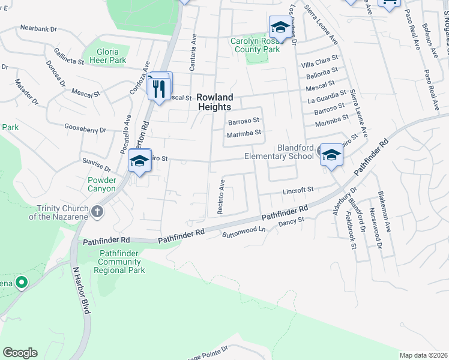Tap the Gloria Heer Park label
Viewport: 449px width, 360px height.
click(107, 56)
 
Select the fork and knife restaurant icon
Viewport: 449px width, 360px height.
click(159, 88)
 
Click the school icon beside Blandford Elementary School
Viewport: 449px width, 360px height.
click(331, 155)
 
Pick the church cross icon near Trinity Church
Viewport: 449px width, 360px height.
click(97, 212)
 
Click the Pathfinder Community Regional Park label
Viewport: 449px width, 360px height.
click(119, 262)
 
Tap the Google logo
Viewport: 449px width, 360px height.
click(20, 353)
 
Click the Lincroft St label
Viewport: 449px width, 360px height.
click(298, 190)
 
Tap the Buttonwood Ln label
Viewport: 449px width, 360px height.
click(244, 232)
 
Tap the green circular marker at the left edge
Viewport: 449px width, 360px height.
click(22, 281)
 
